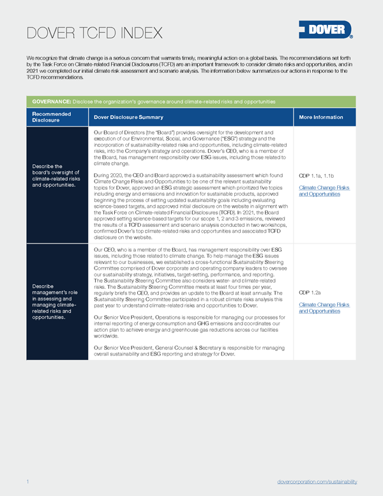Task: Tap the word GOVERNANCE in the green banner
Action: coord(51,102)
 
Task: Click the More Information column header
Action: coord(320,117)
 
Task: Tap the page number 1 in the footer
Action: coord(28,481)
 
